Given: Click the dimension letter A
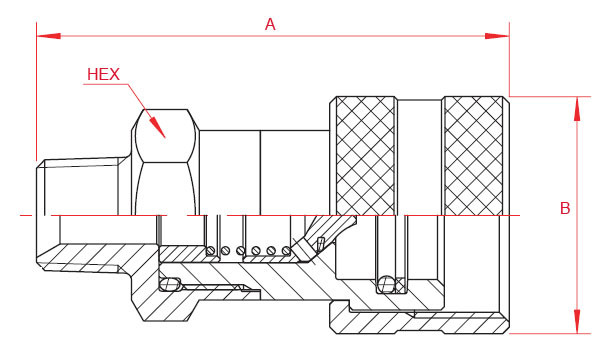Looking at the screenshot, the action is click(x=270, y=24).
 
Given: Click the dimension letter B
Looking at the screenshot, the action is click(x=565, y=208).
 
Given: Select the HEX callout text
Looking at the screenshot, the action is click(x=103, y=74).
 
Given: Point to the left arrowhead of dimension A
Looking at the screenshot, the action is click(x=49, y=36).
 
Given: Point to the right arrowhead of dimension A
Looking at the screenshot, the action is click(x=497, y=36).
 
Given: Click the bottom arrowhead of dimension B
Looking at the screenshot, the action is click(x=577, y=321).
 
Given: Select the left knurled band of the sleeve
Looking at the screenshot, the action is click(x=365, y=156).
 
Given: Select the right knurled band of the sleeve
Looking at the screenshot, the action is click(x=474, y=156).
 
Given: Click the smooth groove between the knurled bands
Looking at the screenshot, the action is click(x=420, y=157).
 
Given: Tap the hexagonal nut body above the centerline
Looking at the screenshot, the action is click(x=165, y=162).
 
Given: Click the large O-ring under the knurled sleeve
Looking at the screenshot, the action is click(x=386, y=284).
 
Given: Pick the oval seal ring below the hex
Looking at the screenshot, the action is click(x=171, y=284).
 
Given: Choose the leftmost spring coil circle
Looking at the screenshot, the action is click(x=211, y=251).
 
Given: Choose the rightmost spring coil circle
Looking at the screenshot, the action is click(x=286, y=250).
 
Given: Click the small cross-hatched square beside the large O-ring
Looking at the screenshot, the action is click(x=400, y=285).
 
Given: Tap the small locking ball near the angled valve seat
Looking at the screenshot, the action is click(x=320, y=243).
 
